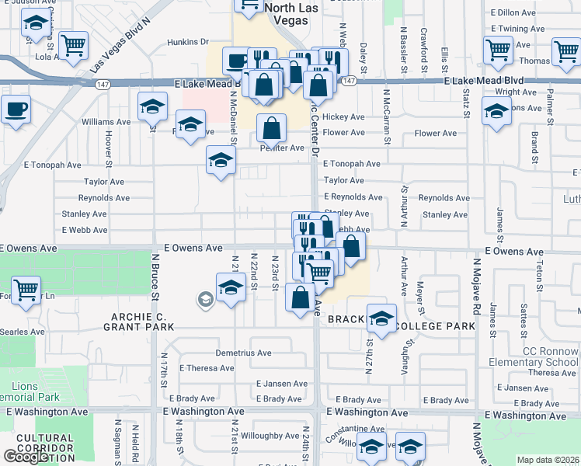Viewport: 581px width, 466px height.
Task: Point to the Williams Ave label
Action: [x=106, y=122]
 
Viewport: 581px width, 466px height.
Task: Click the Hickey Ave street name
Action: [x=344, y=116]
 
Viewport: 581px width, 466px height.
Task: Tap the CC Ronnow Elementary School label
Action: [x=534, y=356]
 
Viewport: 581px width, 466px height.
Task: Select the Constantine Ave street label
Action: [x=356, y=429]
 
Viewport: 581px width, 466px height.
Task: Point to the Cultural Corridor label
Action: [x=44, y=443]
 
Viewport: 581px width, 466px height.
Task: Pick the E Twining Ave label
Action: [x=517, y=28]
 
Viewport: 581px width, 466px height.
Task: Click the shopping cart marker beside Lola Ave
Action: [x=73, y=46]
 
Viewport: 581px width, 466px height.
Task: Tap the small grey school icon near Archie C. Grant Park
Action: [x=205, y=299]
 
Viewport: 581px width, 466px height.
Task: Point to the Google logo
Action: [x=25, y=456]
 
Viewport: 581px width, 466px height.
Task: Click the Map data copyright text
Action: [x=548, y=460]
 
